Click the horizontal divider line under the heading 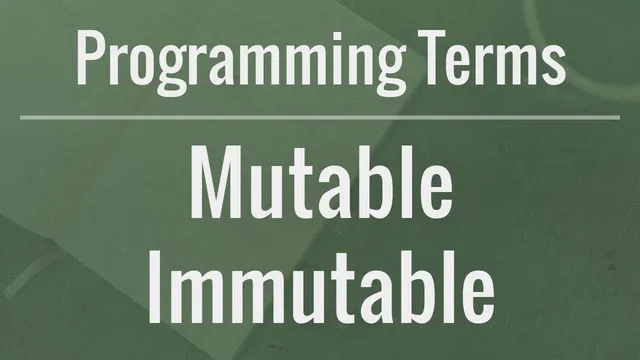320,117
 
